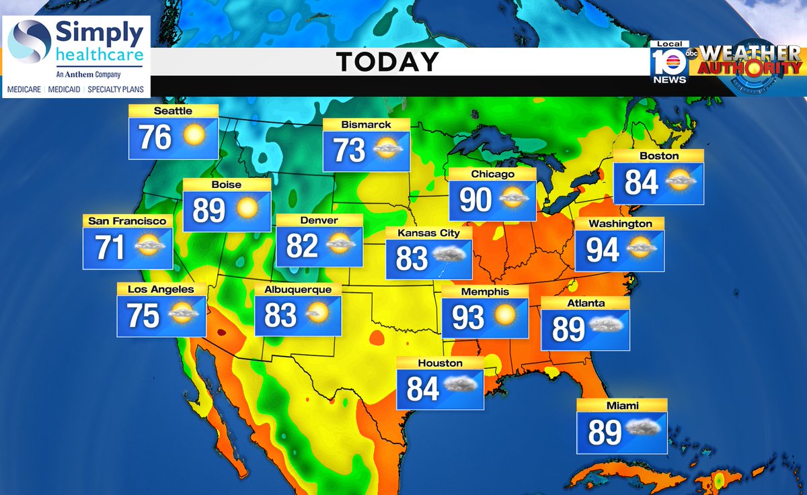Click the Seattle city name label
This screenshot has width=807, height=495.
tap(173, 111)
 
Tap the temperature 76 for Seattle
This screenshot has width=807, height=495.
tap(155, 138)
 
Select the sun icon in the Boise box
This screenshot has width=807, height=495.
tap(247, 208)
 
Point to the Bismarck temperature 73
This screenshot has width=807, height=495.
tap(350, 150)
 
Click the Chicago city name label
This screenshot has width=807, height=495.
tap(492, 174)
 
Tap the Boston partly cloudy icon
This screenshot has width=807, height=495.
tap(678, 180)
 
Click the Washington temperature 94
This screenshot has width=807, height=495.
tap(603, 249)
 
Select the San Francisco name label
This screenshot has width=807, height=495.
tap(127, 220)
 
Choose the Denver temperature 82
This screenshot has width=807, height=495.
tap(302, 246)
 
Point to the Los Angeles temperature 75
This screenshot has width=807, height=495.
tap(143, 316)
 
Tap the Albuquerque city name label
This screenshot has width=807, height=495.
tap(298, 289)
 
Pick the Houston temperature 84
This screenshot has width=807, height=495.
tap(422, 388)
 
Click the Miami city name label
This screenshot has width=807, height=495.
tap(621, 405)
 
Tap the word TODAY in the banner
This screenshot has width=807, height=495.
tap(387, 62)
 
